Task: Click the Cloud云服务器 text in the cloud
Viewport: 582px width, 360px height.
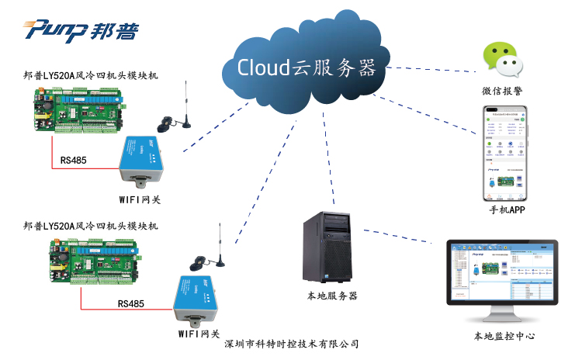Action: (307, 67)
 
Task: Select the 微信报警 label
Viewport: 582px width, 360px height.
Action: (502, 92)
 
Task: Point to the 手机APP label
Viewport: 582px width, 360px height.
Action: (508, 210)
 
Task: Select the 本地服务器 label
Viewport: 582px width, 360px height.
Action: (333, 296)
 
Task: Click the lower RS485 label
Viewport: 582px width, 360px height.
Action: (133, 304)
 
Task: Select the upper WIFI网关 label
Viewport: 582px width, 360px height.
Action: (140, 199)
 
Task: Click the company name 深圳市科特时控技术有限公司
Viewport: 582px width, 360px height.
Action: (292, 344)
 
